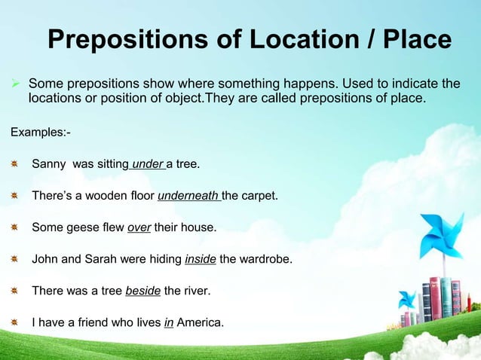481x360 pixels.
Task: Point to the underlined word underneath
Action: pos(188,197)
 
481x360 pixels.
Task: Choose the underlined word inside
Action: pos(201,260)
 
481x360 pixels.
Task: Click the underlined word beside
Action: pos(142,291)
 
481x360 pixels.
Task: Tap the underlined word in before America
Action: pos(168,323)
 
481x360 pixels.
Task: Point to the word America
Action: pos(200,323)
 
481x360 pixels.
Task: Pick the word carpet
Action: pos(259,197)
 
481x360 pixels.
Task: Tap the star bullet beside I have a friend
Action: pos(15,322)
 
